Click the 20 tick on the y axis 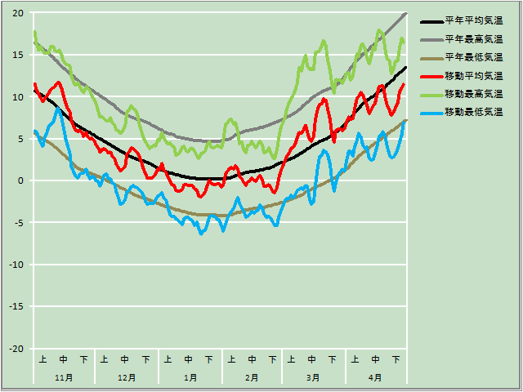(x=17, y=13)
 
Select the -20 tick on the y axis (x=16, y=349)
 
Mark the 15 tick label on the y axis (x=17, y=55)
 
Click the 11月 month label (x=64, y=377)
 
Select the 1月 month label (x=190, y=377)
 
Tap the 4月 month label (x=375, y=377)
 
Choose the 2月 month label (x=252, y=377)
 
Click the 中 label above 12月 (x=125, y=359)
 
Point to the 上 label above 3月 (x=292, y=359)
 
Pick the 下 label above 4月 (x=396, y=359)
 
